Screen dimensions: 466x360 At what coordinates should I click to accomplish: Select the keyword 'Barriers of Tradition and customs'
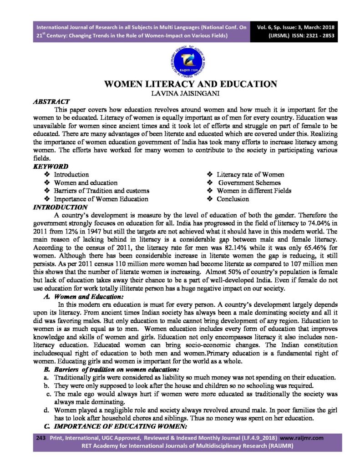click(x=101, y=191)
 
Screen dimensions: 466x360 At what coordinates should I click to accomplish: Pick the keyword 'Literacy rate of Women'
click(x=250, y=174)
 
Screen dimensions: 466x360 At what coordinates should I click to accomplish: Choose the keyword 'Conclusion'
click(x=233, y=199)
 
